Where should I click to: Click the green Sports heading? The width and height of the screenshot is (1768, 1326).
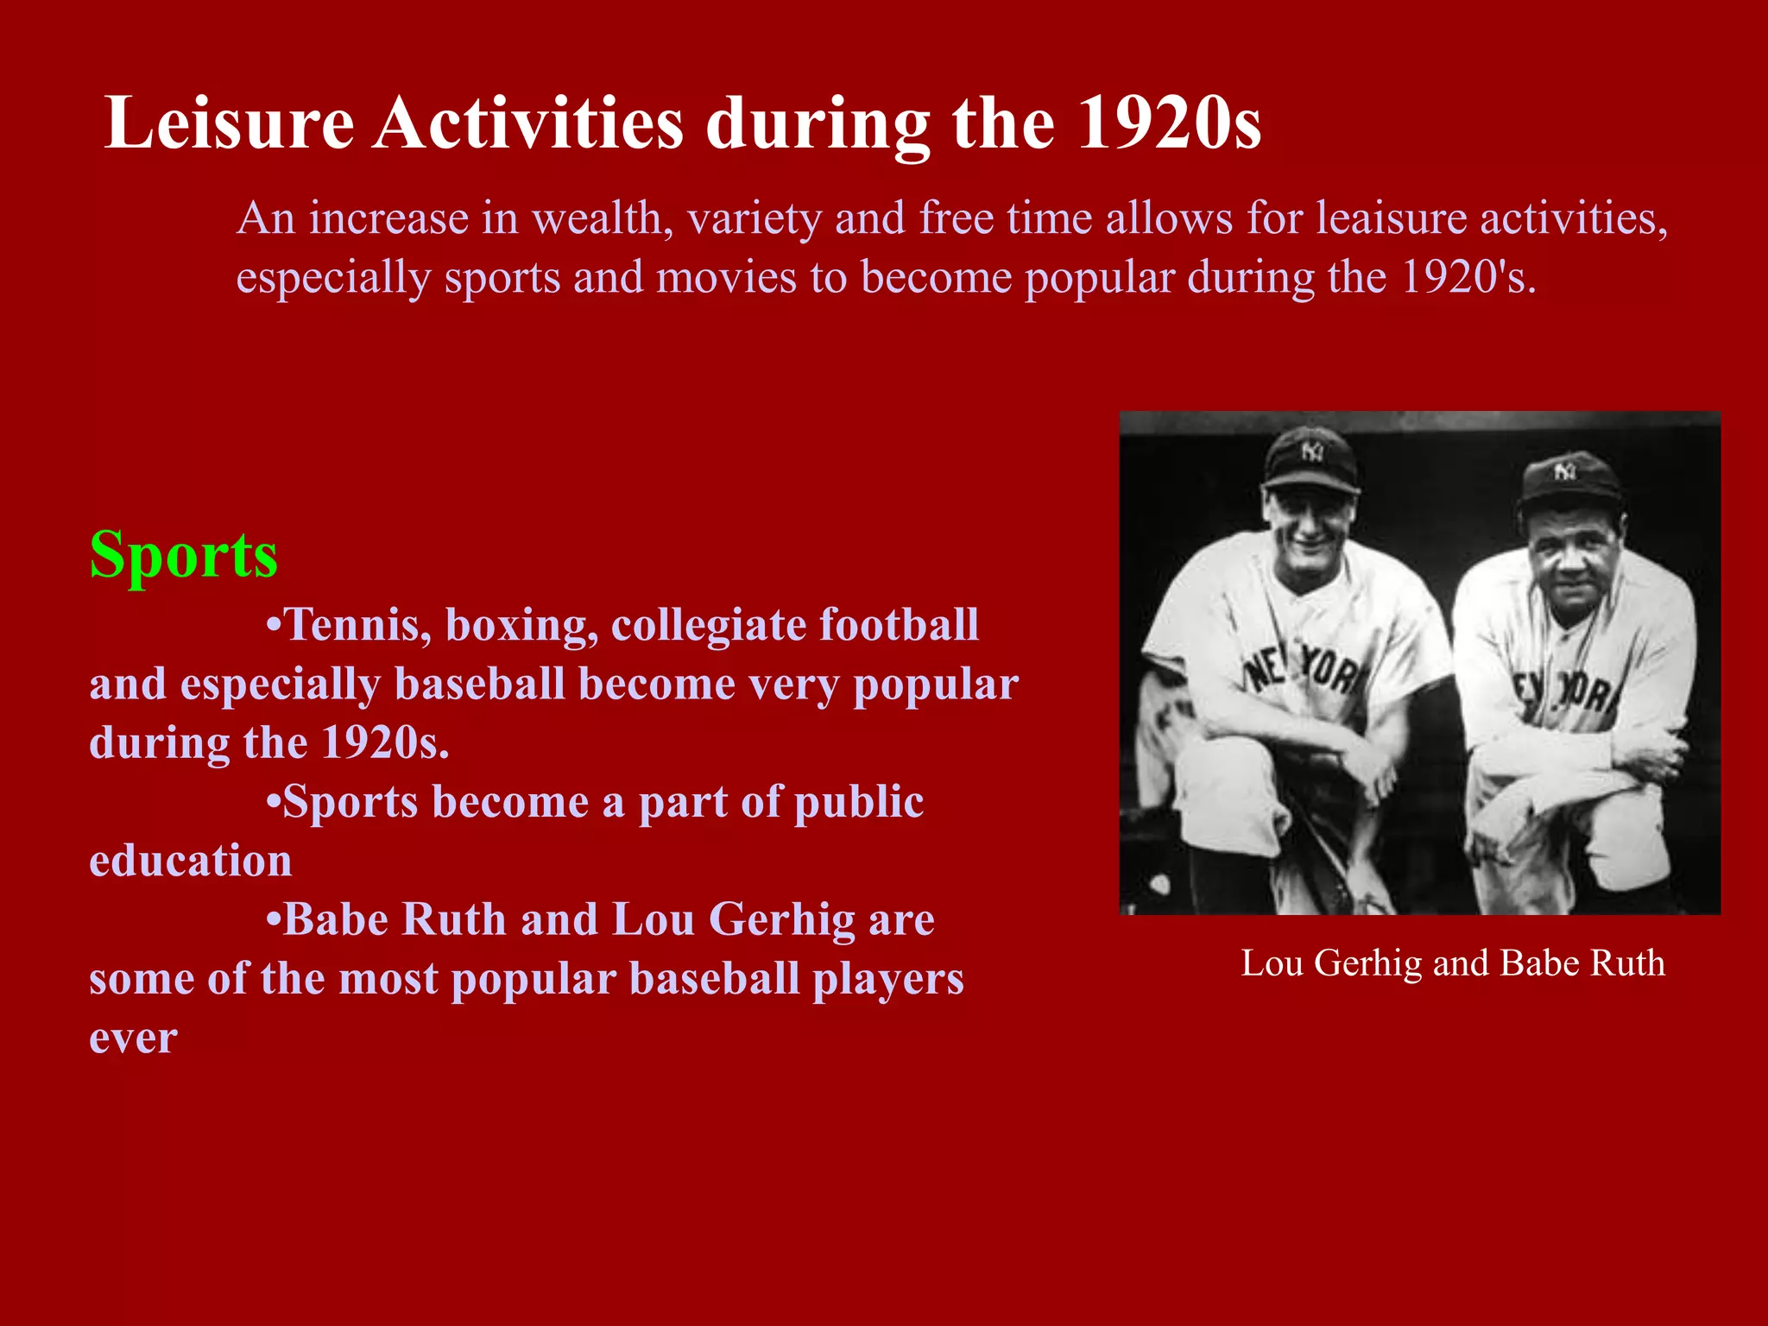coord(184,555)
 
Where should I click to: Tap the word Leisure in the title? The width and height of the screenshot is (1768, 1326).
coord(229,123)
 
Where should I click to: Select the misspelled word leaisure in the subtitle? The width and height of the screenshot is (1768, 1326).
coord(1391,218)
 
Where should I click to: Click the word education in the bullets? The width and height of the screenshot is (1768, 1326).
coord(191,862)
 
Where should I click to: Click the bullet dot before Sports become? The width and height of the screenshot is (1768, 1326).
coord(273,802)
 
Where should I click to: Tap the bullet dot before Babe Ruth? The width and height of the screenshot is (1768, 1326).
coord(273,919)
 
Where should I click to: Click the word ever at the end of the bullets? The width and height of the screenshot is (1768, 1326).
coord(133,1038)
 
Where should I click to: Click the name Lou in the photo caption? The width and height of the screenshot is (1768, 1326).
coord(1272,963)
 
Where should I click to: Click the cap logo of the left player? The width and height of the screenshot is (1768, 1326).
coord(1312,451)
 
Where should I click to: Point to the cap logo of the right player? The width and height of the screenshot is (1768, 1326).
coord(1564,471)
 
